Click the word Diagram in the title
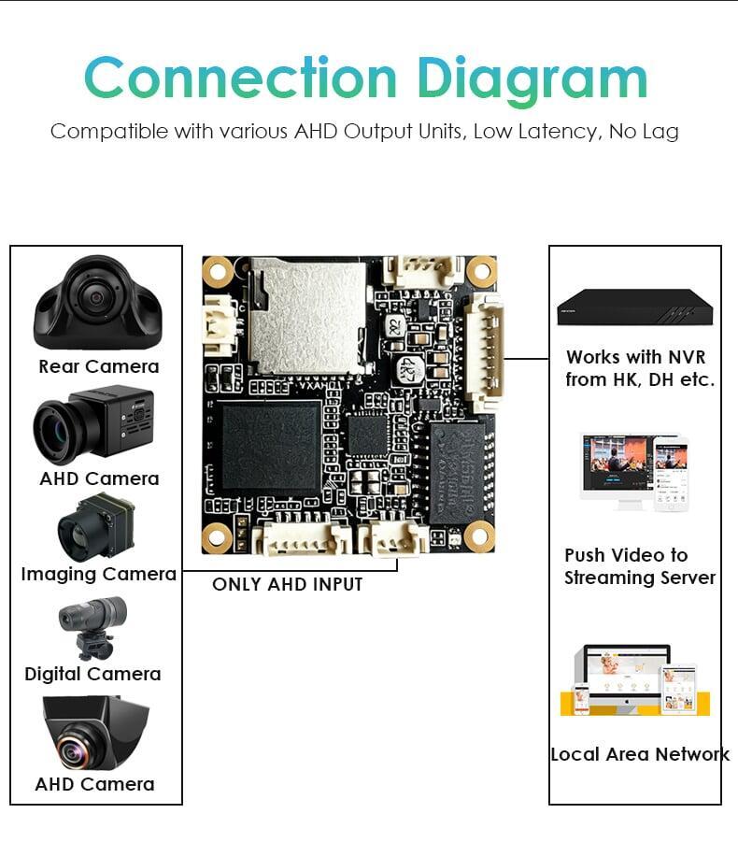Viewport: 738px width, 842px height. click(x=532, y=78)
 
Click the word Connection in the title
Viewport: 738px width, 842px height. click(x=241, y=78)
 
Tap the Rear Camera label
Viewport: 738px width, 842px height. click(x=99, y=366)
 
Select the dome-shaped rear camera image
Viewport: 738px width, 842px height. click(x=97, y=301)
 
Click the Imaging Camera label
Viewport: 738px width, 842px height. click(x=99, y=574)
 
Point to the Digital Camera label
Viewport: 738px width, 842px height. click(x=92, y=674)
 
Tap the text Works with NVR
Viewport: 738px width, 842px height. click(x=636, y=357)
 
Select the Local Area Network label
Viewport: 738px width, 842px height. click(x=640, y=754)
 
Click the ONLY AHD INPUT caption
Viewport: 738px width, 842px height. click(x=287, y=584)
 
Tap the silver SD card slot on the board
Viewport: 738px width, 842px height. click(x=308, y=316)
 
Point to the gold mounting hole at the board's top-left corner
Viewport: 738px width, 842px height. click(x=218, y=272)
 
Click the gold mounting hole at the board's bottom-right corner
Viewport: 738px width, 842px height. click(x=479, y=536)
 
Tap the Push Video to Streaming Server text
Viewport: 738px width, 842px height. click(x=640, y=566)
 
